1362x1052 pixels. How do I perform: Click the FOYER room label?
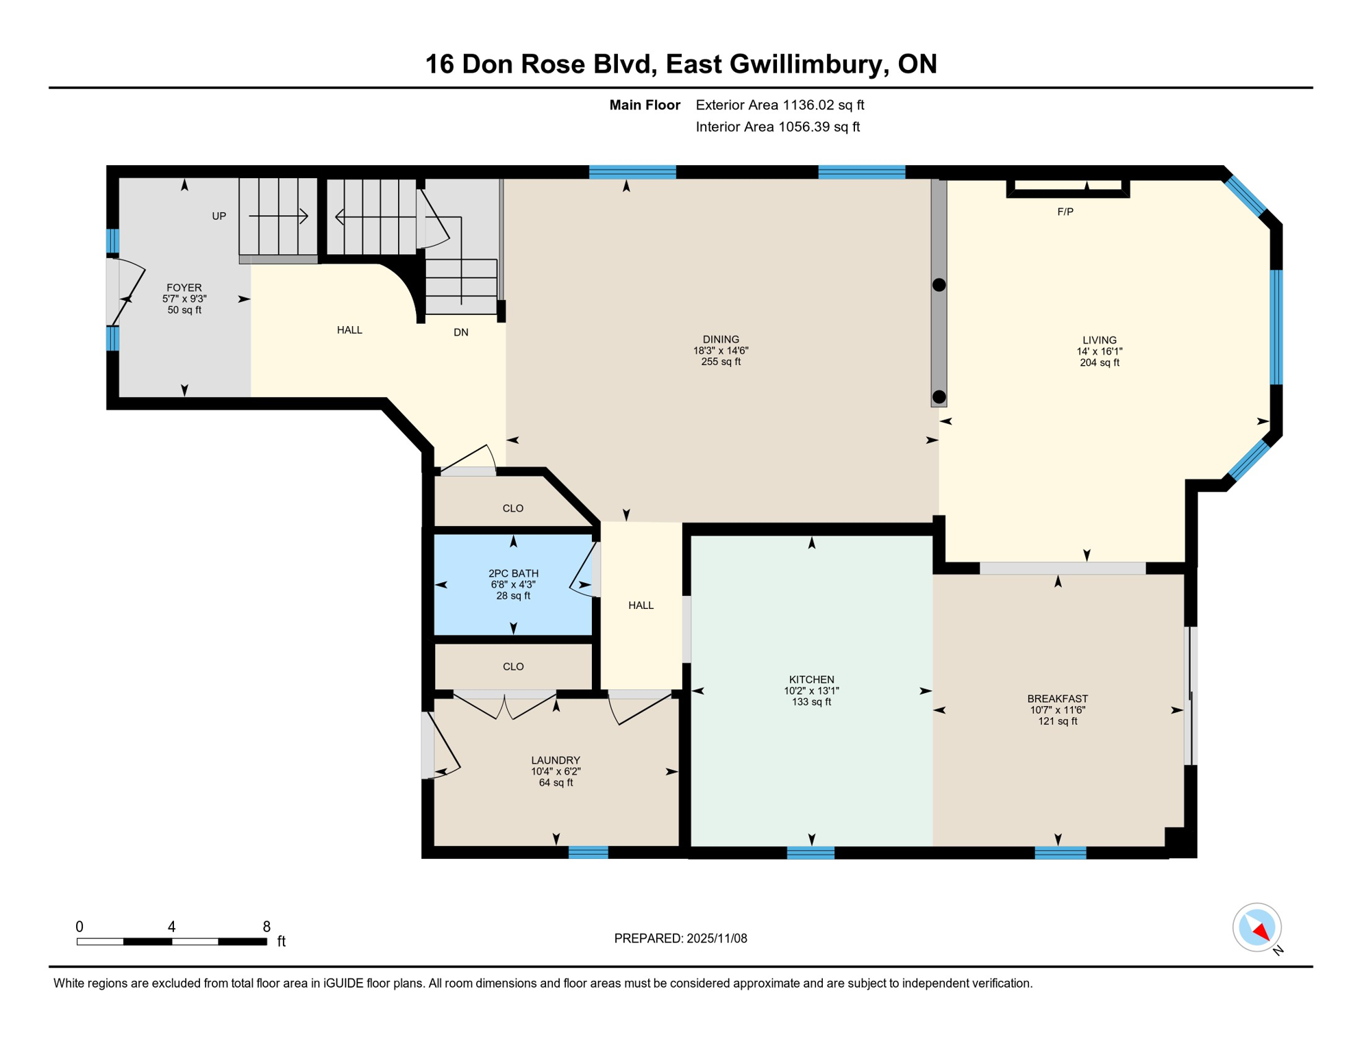[x=184, y=288]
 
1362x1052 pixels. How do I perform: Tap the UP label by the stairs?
[x=219, y=216]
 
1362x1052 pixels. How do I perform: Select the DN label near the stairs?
[x=460, y=332]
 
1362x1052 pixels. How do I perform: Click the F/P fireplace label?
[x=1065, y=212]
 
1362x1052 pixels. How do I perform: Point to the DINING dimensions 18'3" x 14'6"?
[x=720, y=351]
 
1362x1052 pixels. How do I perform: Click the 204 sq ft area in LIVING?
[x=1099, y=363]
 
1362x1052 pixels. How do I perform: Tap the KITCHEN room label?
[x=811, y=679]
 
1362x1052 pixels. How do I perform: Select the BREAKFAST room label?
[x=1057, y=699]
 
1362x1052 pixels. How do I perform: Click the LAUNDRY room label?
[x=556, y=760]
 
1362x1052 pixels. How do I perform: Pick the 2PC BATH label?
[x=513, y=573]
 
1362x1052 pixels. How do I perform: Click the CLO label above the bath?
[x=512, y=508]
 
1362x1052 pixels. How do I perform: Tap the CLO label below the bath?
[x=512, y=666]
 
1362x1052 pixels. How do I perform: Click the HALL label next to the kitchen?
[x=641, y=605]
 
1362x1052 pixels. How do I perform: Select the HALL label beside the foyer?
[x=349, y=330]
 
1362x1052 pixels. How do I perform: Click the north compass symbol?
[x=1256, y=927]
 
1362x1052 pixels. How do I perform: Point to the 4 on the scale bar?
[x=171, y=927]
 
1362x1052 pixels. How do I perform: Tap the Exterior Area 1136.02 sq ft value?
[x=823, y=105]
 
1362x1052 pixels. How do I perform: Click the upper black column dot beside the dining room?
[x=939, y=285]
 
